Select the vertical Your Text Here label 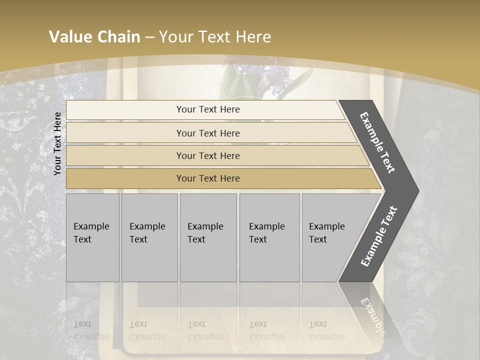[x=58, y=143]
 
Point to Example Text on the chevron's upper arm [x=378, y=143]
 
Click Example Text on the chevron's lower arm [x=379, y=236]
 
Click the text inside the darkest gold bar [x=208, y=178]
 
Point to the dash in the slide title [x=149, y=37]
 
